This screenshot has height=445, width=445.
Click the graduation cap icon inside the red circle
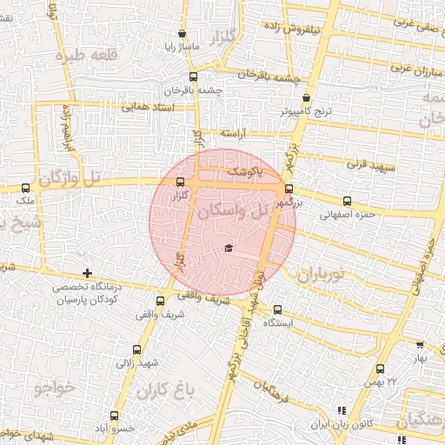tap(228, 249)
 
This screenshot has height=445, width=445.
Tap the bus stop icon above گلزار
tap(181, 182)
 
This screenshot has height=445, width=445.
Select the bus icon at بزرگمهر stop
tap(289, 188)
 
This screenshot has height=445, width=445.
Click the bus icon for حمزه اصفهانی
tap(347, 201)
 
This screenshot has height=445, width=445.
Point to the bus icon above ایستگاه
tap(278, 309)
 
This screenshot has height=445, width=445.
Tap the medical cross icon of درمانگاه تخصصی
tap(85, 275)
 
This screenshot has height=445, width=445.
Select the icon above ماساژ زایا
tap(182, 35)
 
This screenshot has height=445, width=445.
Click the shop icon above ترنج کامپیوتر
tap(307, 98)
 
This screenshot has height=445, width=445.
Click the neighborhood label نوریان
tap(322, 276)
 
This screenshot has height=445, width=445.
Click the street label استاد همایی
tap(149, 108)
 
